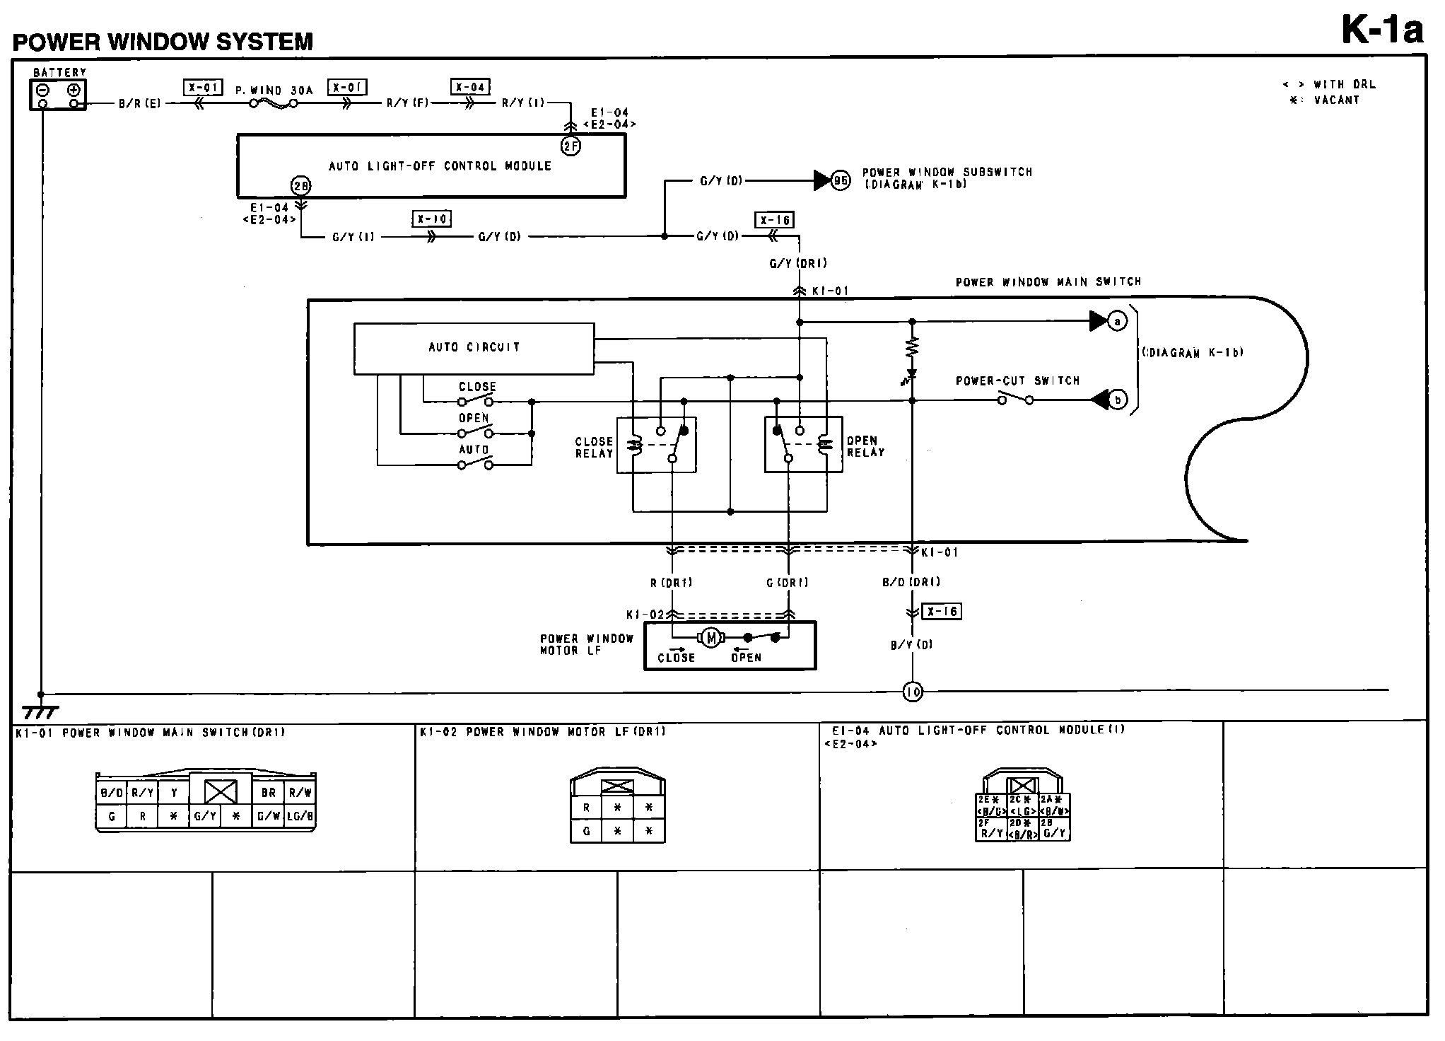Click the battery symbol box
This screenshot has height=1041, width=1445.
58,95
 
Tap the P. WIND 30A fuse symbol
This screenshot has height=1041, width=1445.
273,104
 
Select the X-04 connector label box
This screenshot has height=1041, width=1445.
470,87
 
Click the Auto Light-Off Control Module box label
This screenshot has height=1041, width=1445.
440,166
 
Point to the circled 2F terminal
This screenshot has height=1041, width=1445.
571,146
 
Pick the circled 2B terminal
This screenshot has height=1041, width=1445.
301,186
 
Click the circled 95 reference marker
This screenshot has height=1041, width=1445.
841,180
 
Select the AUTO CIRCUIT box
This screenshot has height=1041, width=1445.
474,348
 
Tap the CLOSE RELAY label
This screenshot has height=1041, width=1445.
594,447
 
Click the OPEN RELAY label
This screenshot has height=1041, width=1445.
865,446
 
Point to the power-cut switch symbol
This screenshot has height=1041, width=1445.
1015,400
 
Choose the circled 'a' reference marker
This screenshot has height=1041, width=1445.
1117,321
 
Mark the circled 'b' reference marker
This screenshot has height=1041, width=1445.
1118,400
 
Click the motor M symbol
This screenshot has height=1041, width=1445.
711,638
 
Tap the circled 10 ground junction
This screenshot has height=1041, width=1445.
913,692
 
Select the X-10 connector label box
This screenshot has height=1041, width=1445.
431,219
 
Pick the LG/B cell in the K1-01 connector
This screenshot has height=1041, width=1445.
299,816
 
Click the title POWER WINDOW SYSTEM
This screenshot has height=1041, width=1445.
163,42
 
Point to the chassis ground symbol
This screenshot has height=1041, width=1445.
40,711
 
